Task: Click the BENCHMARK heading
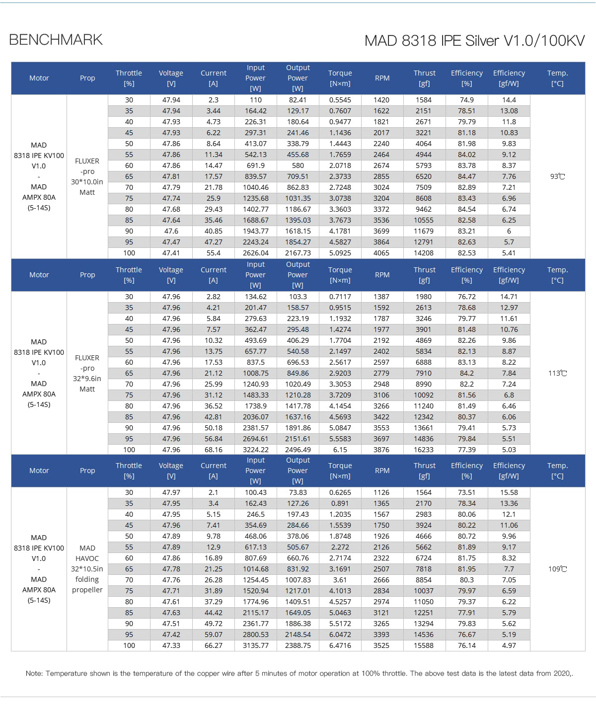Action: click(56, 40)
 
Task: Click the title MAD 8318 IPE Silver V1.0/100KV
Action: click(474, 41)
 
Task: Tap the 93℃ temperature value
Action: click(557, 176)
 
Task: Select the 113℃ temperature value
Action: click(557, 373)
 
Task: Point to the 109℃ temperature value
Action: click(557, 569)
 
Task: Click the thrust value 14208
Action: click(424, 253)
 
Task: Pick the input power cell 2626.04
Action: click(255, 253)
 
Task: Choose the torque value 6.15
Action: click(340, 450)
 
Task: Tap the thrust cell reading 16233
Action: click(424, 450)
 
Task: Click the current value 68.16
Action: click(213, 450)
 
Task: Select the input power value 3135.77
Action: click(255, 645)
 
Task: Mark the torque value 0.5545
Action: click(340, 100)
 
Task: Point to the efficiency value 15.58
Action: click(509, 492)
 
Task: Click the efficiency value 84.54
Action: click(466, 209)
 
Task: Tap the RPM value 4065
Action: click(381, 253)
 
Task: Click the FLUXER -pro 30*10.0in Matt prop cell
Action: click(87, 176)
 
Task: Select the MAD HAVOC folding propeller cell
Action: click(87, 569)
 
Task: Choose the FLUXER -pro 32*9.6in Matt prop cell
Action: click(87, 373)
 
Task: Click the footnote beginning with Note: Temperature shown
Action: click(299, 674)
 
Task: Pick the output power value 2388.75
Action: click(298, 645)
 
